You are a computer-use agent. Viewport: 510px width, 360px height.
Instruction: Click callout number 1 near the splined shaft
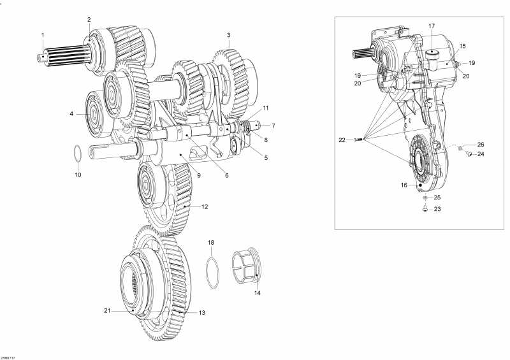[43, 34]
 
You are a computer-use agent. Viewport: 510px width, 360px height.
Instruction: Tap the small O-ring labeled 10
[76, 154]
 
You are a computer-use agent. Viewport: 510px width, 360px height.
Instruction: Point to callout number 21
[107, 310]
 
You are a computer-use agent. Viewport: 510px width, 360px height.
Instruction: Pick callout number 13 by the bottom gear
[202, 313]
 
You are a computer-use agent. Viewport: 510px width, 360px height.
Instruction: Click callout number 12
[205, 206]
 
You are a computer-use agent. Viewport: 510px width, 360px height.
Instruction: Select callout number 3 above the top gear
[228, 34]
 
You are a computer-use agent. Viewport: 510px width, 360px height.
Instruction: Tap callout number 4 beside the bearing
[72, 114]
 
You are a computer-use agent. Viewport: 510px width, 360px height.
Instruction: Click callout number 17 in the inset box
[432, 26]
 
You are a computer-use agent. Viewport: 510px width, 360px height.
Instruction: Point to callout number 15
[463, 46]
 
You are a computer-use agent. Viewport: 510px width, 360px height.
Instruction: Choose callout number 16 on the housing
[404, 185]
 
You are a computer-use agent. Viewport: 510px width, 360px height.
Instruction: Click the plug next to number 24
[467, 154]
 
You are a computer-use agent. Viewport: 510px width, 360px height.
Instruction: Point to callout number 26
[481, 144]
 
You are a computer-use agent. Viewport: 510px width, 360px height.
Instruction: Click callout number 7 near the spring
[273, 126]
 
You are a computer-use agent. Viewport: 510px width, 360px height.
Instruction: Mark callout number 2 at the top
[89, 20]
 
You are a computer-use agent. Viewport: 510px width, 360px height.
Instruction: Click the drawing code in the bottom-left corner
[9, 357]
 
